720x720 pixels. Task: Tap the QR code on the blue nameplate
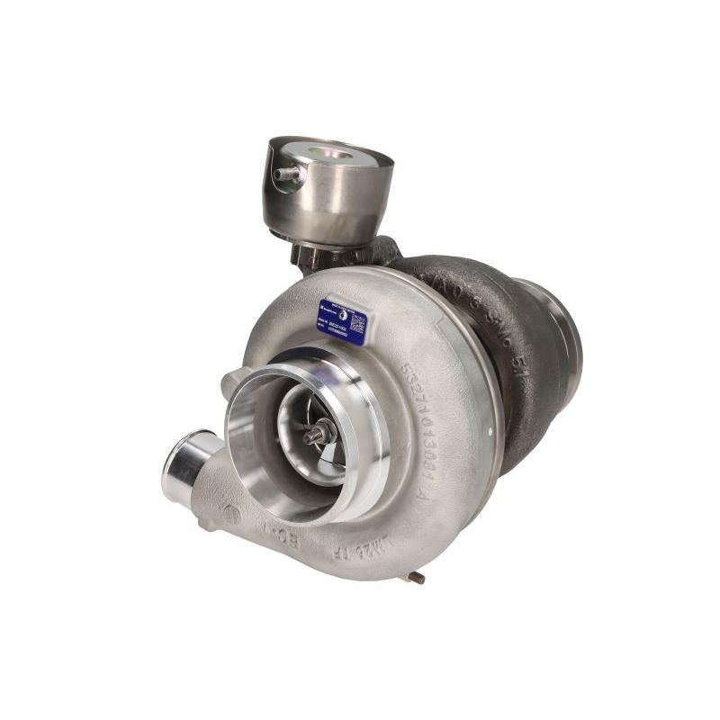pos(357,320)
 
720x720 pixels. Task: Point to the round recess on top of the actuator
pos(330,154)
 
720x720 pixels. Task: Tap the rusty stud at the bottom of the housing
pos(416,576)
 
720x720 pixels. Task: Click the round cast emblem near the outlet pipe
pos(232,515)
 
